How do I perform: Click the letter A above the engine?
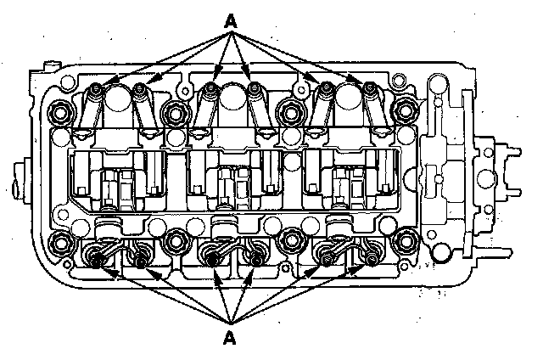[x=229, y=20]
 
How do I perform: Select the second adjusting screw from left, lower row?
[x=138, y=259]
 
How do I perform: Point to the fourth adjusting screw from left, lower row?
[x=255, y=259]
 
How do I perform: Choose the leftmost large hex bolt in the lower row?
[x=60, y=244]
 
